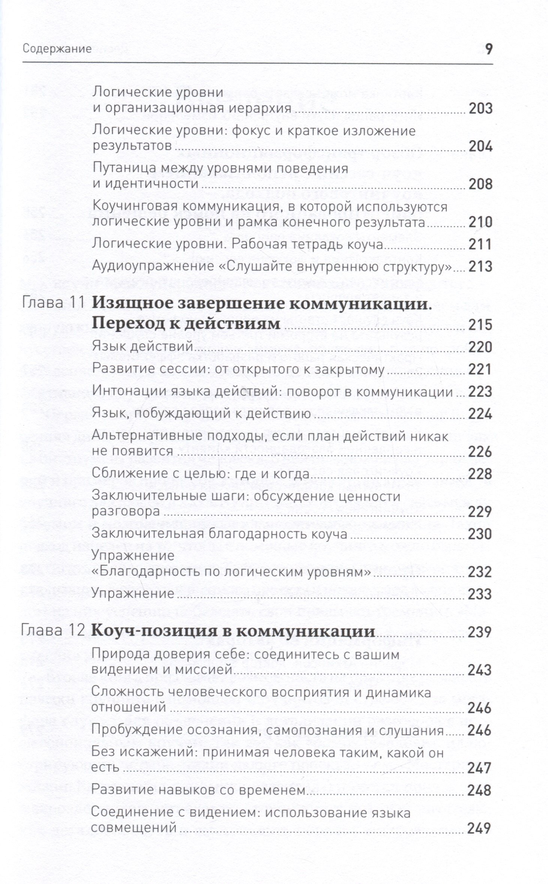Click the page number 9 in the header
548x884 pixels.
(x=488, y=50)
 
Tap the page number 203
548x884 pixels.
(x=480, y=108)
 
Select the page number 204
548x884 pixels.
(x=480, y=146)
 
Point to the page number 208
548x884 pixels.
(x=480, y=184)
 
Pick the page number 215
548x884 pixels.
(x=480, y=324)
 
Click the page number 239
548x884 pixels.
(x=479, y=632)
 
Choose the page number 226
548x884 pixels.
(x=480, y=452)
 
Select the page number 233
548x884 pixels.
(x=479, y=594)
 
